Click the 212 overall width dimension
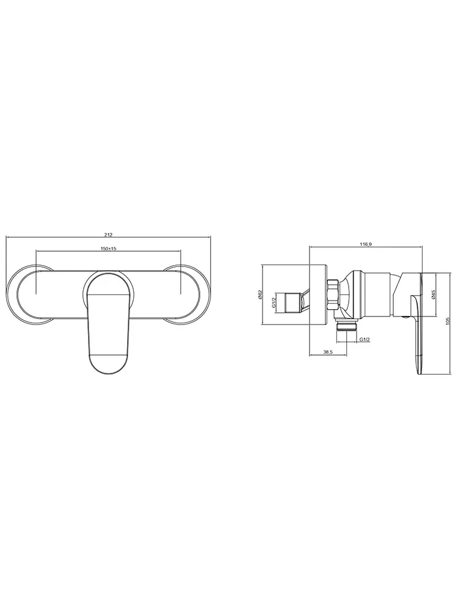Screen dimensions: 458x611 coord(108,235)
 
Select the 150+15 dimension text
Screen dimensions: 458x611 coord(109,249)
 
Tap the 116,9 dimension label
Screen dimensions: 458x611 coord(366,244)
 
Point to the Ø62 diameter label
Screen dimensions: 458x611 coord(259,295)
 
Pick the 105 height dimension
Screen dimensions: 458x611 coord(448,320)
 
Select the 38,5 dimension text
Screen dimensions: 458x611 coord(328,352)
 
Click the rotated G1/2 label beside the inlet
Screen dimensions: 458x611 coord(274,302)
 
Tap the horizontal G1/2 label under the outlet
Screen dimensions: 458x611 coord(365,339)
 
